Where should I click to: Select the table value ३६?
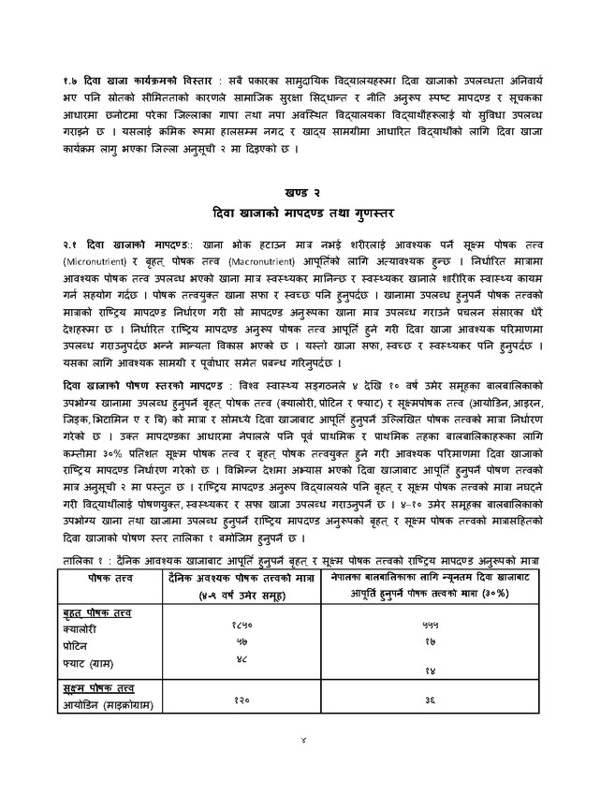(x=431, y=700)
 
